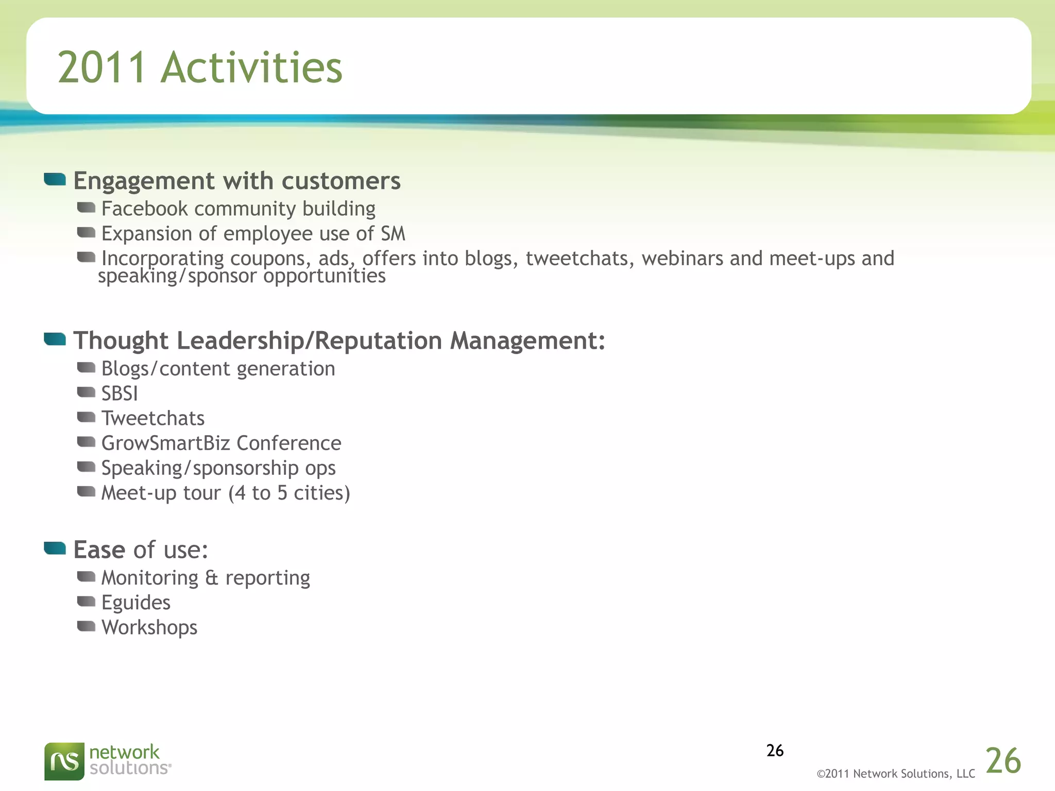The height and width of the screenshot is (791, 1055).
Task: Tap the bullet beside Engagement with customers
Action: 55,179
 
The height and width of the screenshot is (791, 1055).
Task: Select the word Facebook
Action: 144,209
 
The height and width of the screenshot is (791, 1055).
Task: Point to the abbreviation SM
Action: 393,234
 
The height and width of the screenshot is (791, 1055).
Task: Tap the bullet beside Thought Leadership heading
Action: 55,339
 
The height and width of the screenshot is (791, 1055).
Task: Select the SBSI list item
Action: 120,394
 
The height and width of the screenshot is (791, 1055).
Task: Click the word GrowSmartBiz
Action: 165,443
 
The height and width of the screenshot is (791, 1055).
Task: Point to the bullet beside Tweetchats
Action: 86,417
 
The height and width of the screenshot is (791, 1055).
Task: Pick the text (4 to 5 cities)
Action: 289,493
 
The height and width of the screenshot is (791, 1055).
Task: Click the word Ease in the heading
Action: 99,550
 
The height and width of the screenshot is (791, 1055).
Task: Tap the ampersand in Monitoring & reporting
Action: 211,578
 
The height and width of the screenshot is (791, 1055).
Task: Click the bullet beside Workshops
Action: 86,626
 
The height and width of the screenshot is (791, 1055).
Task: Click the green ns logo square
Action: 64,761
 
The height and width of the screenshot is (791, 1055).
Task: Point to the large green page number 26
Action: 1003,761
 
